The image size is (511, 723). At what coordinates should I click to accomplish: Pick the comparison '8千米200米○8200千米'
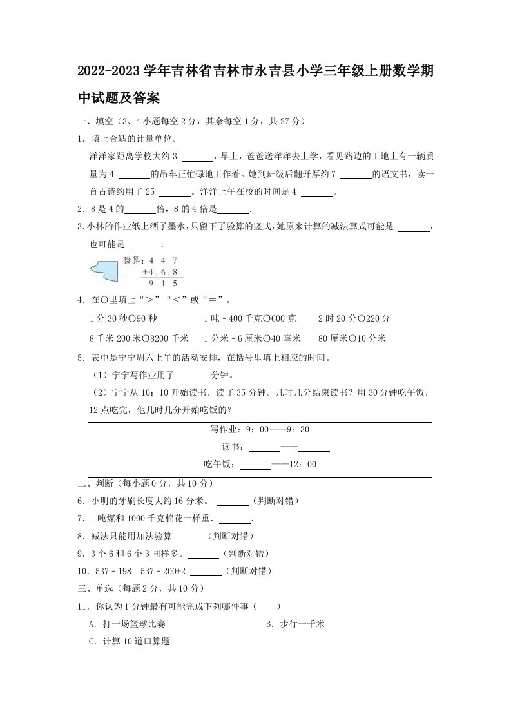click(139, 338)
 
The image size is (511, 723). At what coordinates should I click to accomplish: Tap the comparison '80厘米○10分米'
click(352, 338)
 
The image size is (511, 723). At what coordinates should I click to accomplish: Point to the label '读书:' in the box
click(233, 447)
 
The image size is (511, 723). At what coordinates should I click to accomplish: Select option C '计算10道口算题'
click(129, 642)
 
